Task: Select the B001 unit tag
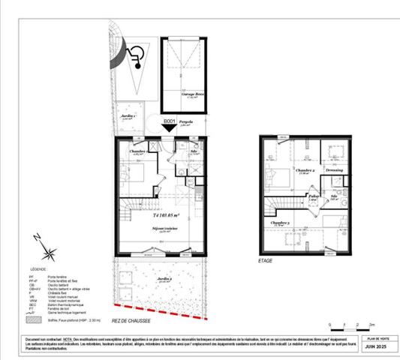[x=170, y=119]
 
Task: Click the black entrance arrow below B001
[x=170, y=128]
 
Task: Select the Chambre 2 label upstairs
[x=305, y=171]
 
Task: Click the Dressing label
[x=334, y=170]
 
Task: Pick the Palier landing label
[x=314, y=196]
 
